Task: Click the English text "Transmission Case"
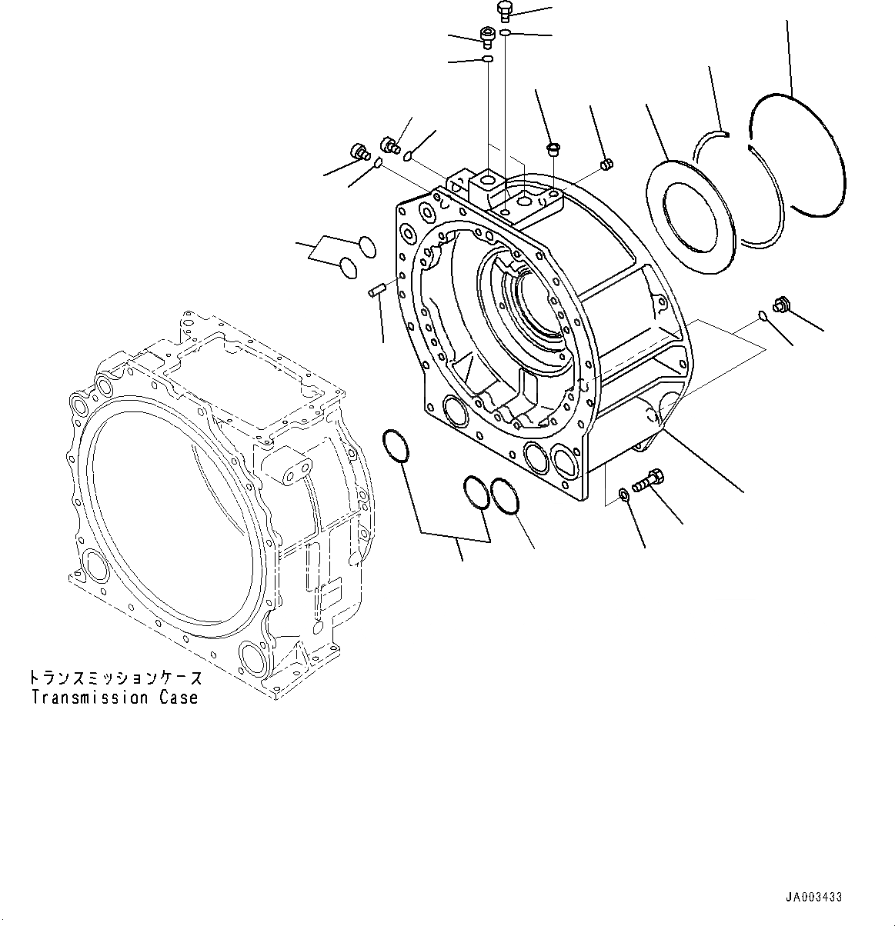click(115, 698)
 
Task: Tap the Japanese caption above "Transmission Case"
click(115, 678)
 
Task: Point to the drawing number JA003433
click(813, 898)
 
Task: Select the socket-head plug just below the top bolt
click(486, 35)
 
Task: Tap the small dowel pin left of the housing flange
click(376, 291)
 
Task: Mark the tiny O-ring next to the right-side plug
click(760, 314)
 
